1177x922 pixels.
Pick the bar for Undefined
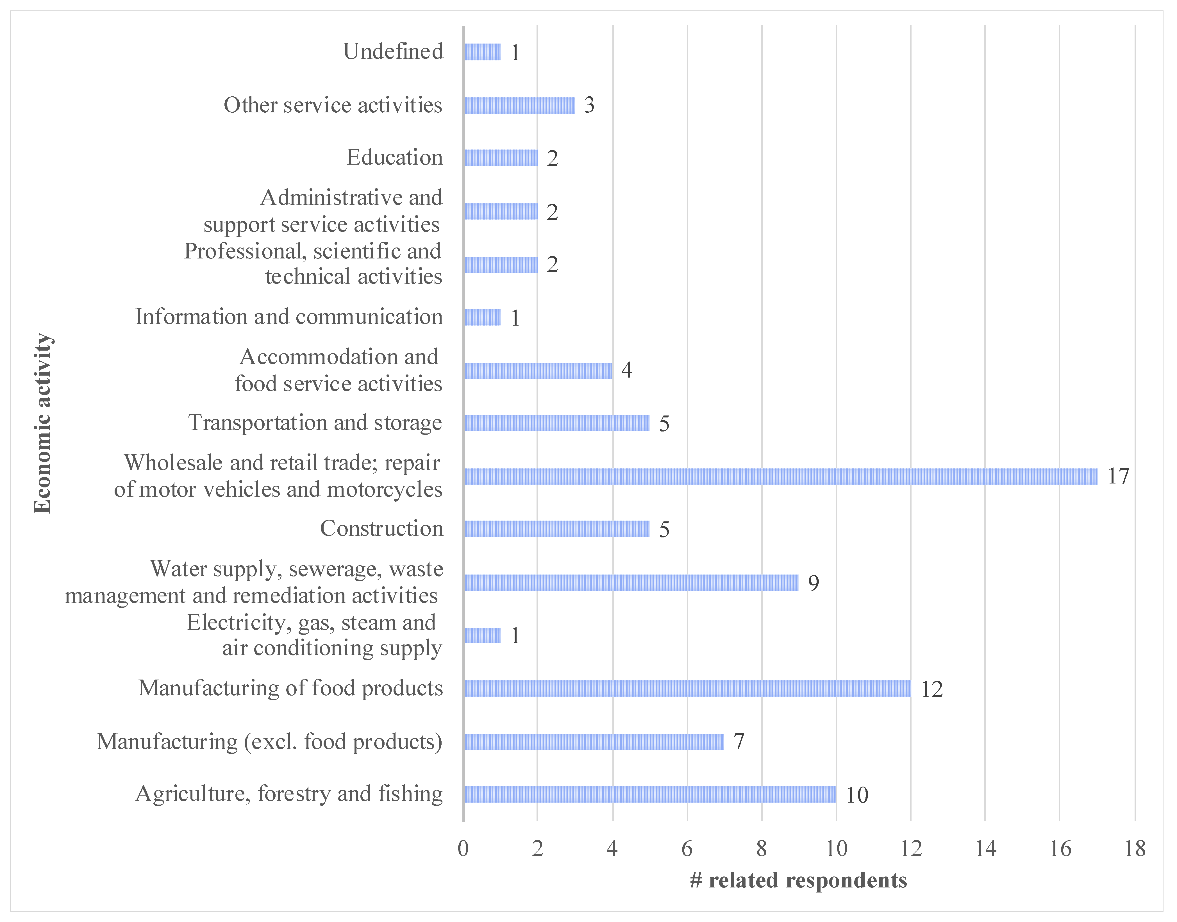click(x=482, y=52)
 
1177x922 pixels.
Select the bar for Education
click(x=501, y=158)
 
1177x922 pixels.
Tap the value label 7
click(x=738, y=742)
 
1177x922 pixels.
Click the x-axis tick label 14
click(x=985, y=849)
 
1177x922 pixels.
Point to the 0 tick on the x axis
click(x=463, y=849)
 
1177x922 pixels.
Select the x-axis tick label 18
click(x=1134, y=849)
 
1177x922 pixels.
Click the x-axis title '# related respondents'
click(x=798, y=880)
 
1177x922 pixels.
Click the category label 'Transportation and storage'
click(x=315, y=423)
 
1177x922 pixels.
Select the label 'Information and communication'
click(x=289, y=317)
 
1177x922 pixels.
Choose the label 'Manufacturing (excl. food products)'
click(x=269, y=742)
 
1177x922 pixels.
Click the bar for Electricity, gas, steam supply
click(x=482, y=635)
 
